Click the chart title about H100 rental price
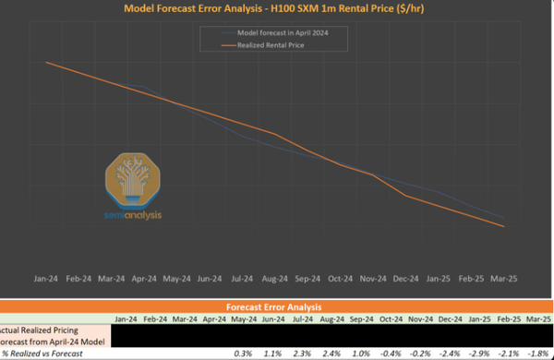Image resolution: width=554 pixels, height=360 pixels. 277,9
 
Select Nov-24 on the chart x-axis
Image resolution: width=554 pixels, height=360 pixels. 374,278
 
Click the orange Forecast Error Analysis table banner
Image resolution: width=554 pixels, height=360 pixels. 276,306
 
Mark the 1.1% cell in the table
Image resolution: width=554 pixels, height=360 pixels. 274,353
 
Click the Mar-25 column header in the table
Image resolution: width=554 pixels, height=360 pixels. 537,319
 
